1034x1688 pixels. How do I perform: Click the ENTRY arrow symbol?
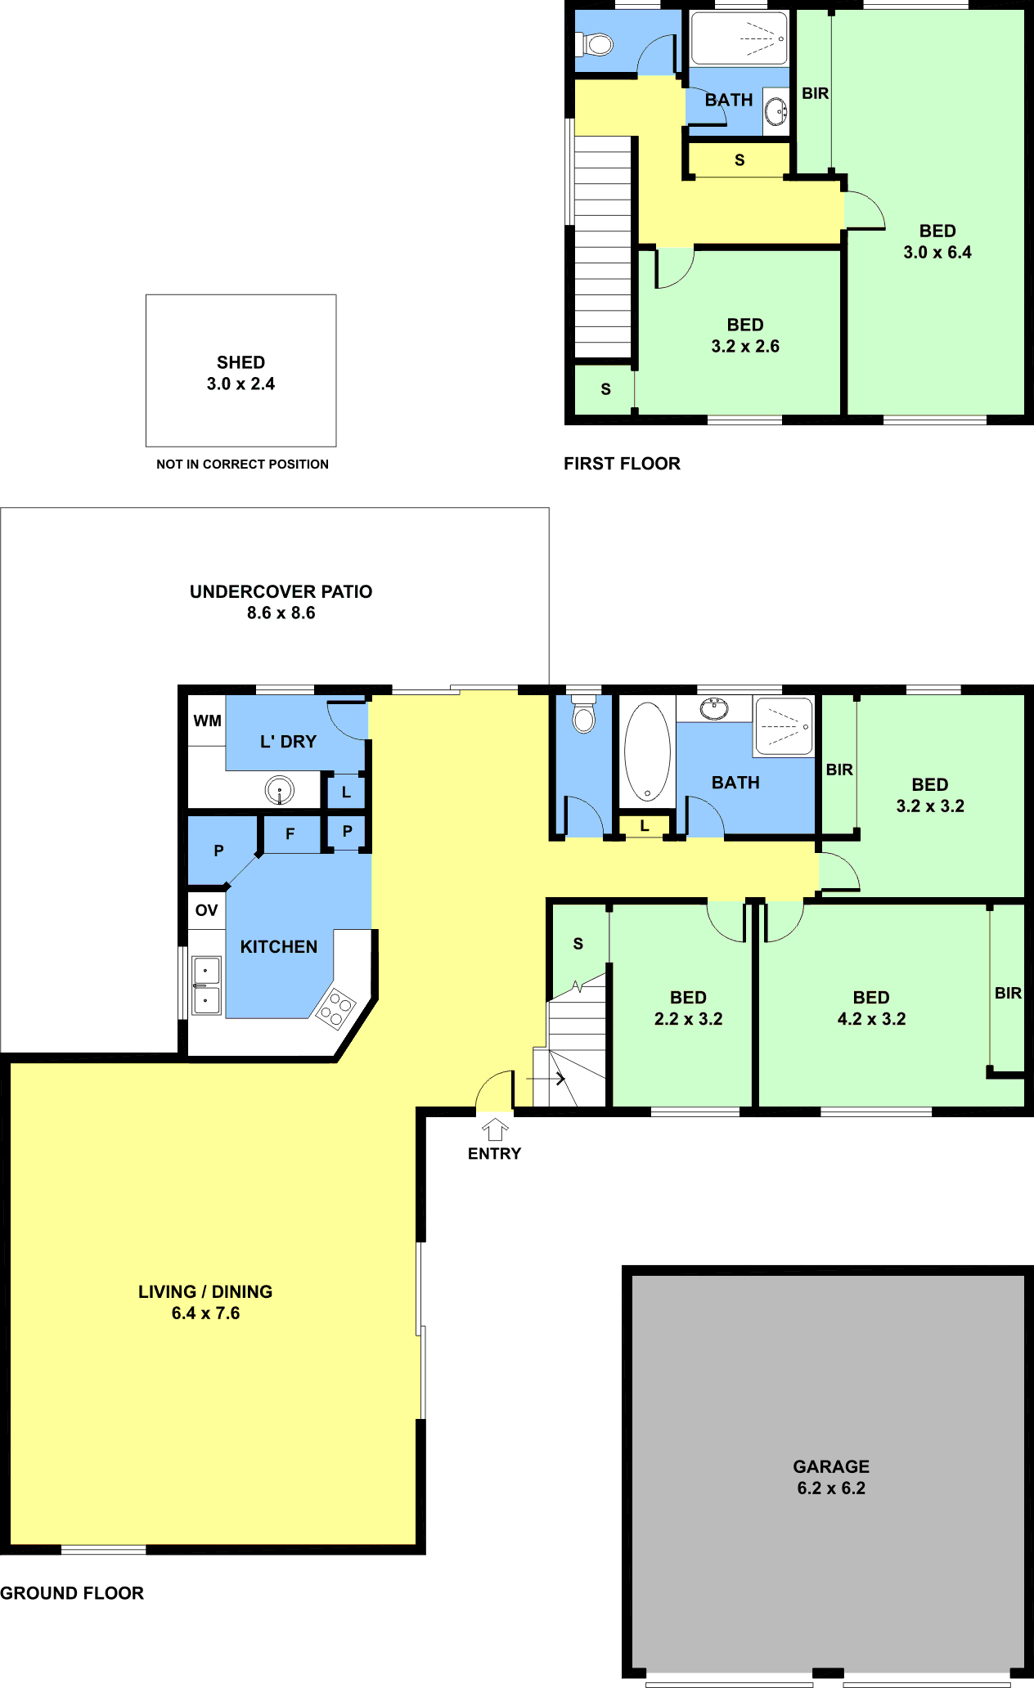[495, 1129]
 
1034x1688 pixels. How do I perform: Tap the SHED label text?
[241, 362]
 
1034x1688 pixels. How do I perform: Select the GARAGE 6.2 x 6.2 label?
[831, 1477]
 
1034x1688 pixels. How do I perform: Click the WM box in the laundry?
[207, 721]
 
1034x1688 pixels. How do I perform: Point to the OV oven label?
[206, 910]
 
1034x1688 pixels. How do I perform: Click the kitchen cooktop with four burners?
[335, 1008]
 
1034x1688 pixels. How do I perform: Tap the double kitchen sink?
[206, 985]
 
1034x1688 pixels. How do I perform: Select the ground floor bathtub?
[647, 751]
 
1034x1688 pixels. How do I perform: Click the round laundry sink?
[280, 790]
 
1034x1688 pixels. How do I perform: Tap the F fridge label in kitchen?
[290, 834]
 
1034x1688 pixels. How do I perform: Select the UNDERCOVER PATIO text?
[281, 591]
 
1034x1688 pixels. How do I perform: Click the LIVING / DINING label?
[205, 1291]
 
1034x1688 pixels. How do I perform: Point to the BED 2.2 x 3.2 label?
[688, 1008]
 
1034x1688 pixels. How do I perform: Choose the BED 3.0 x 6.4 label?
[937, 241]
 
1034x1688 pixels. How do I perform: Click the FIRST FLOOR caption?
[622, 464]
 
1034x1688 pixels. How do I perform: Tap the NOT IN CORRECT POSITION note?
[242, 464]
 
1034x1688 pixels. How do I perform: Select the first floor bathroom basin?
[775, 111]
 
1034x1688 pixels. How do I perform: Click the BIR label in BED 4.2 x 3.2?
[1008, 993]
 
